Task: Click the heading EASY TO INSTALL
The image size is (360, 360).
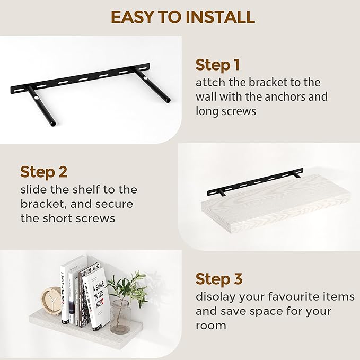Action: [182, 17]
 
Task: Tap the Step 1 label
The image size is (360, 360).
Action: [217, 65]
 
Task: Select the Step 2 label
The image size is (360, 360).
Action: [43, 172]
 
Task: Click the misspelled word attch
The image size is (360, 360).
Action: [211, 83]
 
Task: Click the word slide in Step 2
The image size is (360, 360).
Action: [34, 189]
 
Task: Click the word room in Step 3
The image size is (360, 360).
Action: [211, 325]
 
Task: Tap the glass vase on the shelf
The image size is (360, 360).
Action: [120, 316]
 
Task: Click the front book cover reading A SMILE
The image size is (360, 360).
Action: [96, 297]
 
